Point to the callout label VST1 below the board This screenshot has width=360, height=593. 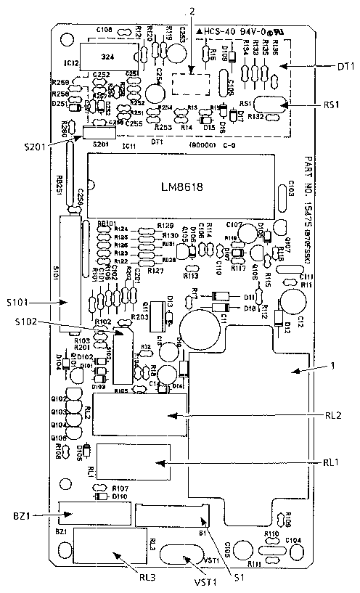pos(184,581)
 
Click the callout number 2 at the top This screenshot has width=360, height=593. pos(192,10)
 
